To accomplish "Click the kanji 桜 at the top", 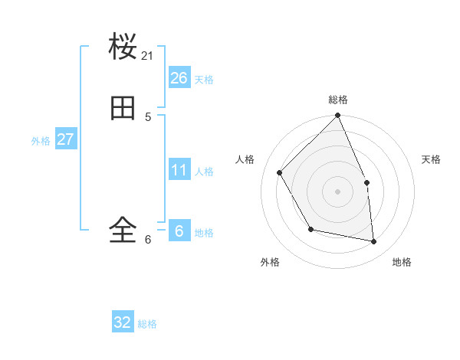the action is [123, 47].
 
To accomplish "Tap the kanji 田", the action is [123, 110].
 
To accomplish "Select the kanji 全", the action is [123, 229].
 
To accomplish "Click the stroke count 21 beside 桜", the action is [148, 56].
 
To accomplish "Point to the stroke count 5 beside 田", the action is [148, 117].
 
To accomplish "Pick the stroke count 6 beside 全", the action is [148, 240].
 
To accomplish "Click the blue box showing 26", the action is [179, 78].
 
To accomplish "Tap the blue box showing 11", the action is [179, 170].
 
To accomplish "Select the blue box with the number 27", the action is [65, 139].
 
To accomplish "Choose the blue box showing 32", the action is [123, 322].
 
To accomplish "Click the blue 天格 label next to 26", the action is [204, 80].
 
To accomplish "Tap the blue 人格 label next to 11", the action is [204, 172].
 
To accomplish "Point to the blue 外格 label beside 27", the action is [41, 141].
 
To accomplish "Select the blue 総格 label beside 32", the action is [147, 324].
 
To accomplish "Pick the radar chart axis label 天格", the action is [432, 159].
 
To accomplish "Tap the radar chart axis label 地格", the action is [402, 263].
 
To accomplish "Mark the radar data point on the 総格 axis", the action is [338, 116].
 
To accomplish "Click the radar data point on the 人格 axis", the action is [280, 172].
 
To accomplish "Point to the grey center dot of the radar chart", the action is [338, 191].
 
